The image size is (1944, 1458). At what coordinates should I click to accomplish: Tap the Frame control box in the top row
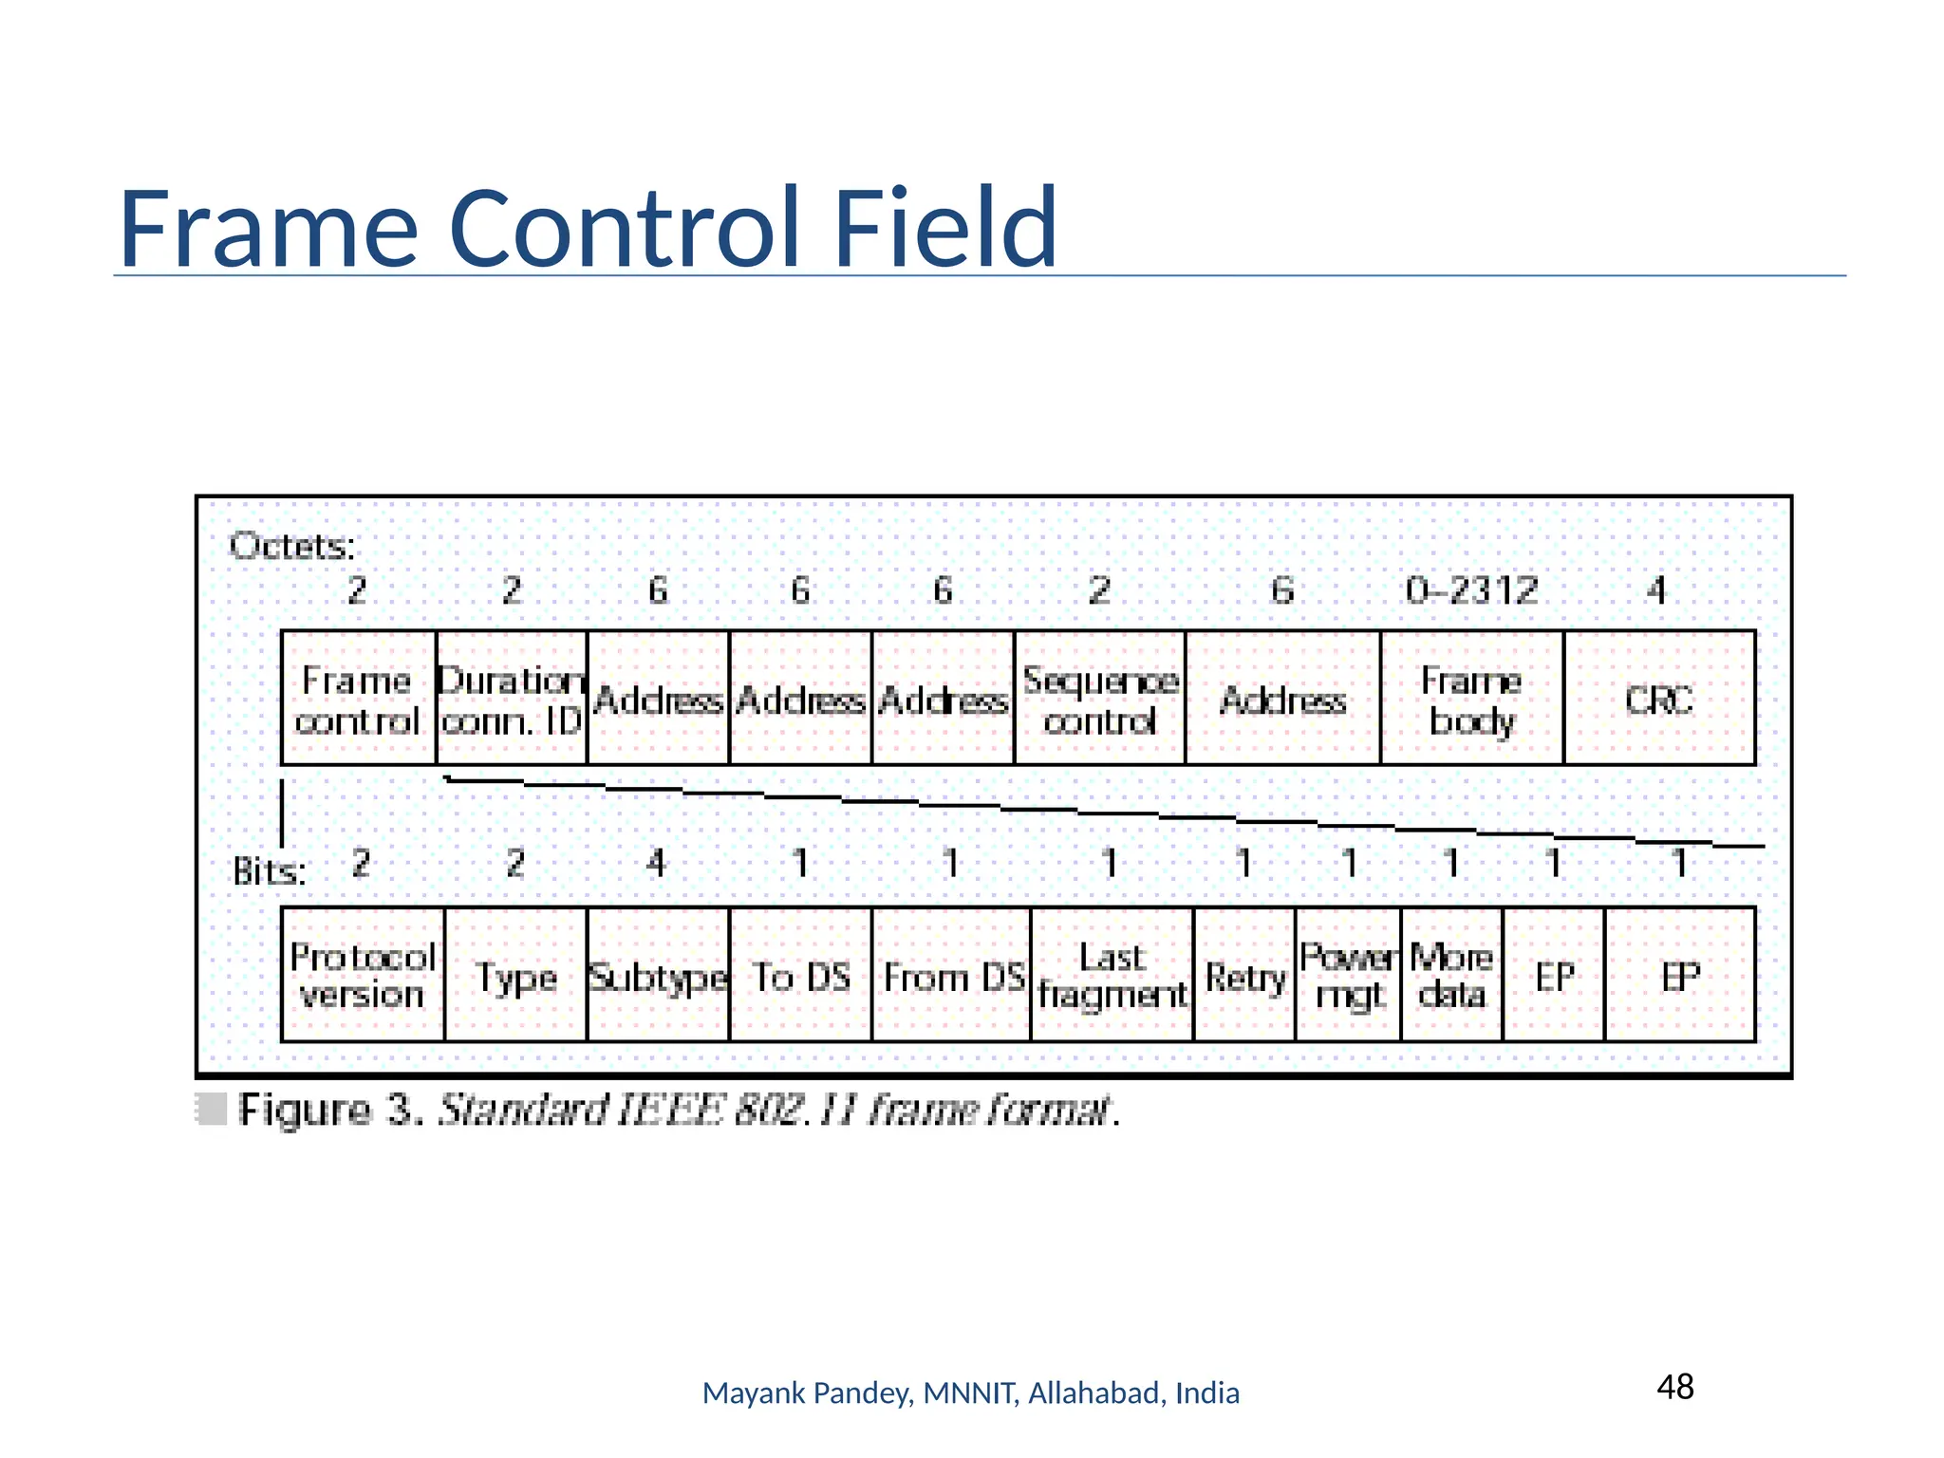point(358,699)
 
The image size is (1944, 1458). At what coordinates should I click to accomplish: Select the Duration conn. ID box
point(512,699)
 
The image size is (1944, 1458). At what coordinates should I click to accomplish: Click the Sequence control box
point(1099,699)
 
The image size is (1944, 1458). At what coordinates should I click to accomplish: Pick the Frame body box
point(1471,699)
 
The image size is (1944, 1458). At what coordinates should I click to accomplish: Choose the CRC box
point(1658,699)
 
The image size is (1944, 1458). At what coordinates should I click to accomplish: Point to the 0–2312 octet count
point(1471,590)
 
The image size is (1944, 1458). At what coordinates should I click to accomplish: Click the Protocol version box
point(363,975)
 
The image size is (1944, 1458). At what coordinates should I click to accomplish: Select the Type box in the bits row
point(515,975)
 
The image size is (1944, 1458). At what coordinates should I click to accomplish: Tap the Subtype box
point(658,975)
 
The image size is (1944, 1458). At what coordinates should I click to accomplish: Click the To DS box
point(800,975)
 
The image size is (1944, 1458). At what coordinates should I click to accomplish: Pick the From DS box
point(951,975)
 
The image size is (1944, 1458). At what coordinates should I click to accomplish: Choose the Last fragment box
point(1112,975)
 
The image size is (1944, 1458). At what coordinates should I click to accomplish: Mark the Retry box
point(1244,975)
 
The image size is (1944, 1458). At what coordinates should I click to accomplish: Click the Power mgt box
point(1348,975)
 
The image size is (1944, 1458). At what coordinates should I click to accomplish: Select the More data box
point(1451,975)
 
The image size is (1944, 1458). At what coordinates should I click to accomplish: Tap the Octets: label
point(292,547)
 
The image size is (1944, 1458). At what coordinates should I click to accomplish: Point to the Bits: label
point(270,870)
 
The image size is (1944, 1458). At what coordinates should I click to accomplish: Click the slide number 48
point(1675,1387)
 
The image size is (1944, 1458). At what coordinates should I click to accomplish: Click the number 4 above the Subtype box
point(656,863)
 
